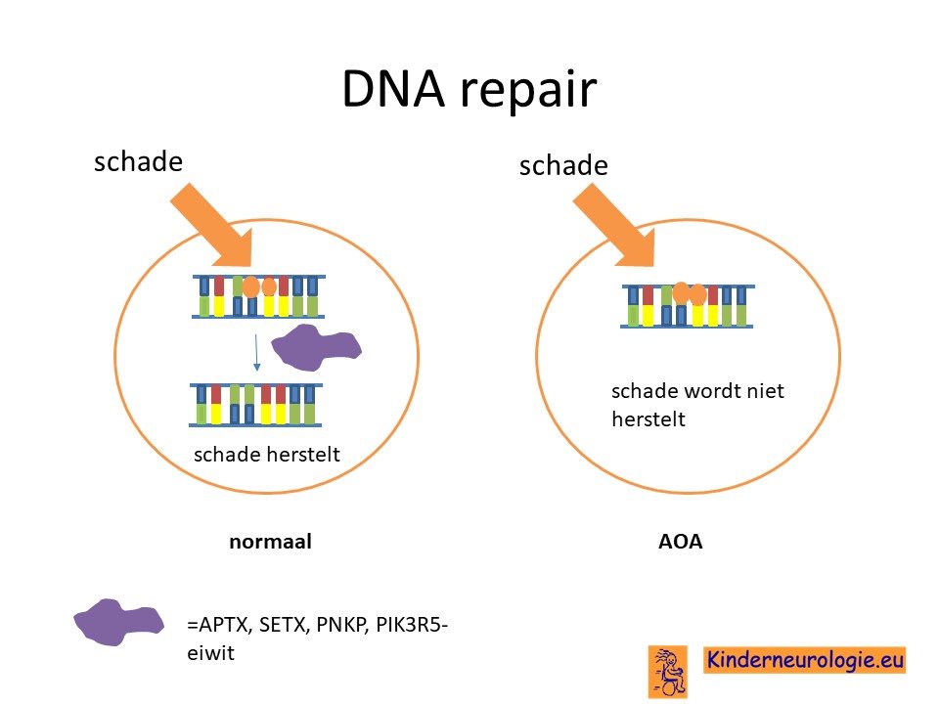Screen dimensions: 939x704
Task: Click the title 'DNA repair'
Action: coord(469,89)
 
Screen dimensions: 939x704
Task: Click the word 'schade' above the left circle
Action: coord(138,161)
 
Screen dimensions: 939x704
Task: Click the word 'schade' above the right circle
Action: coord(563,165)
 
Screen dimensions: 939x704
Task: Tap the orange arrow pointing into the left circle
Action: coord(214,226)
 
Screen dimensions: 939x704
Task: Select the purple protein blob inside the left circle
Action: coord(316,346)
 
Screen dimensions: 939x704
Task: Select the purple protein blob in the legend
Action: coord(118,622)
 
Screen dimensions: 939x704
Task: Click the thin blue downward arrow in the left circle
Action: coord(256,353)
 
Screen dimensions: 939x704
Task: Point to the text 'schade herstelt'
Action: coord(267,455)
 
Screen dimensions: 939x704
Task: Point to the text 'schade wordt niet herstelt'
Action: coord(697,405)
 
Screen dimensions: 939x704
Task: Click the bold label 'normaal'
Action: coord(270,541)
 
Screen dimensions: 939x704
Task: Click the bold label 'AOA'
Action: coord(681,541)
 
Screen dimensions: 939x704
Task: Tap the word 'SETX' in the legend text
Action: coord(285,625)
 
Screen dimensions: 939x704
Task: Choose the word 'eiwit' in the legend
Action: coord(211,652)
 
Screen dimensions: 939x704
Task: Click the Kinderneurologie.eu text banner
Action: coord(804,660)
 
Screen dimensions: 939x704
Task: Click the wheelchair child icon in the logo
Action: coord(668,672)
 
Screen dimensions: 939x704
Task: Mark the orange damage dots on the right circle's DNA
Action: coord(690,293)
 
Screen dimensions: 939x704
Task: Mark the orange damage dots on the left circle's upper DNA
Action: coord(259,286)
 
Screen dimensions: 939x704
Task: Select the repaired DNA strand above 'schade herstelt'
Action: coord(255,405)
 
